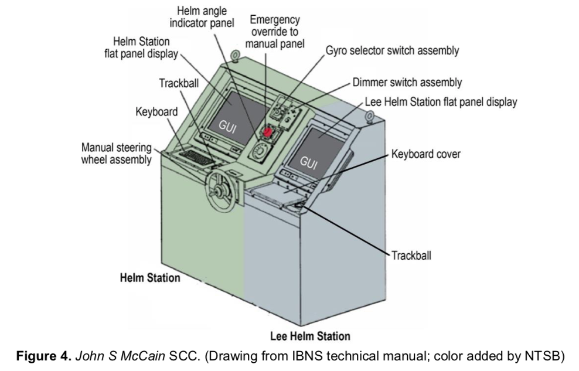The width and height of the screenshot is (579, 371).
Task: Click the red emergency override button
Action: point(267,132)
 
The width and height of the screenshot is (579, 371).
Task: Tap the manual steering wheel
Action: point(221,191)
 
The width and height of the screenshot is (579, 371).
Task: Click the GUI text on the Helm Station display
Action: point(227,126)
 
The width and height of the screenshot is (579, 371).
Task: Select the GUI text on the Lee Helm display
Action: point(308,162)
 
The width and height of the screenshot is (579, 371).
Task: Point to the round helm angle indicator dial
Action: point(259,151)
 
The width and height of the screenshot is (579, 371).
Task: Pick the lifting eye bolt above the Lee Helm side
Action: point(369,117)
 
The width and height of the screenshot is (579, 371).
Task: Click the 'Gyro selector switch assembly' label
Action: point(392,50)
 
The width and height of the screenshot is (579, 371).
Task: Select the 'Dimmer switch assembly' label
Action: point(407,82)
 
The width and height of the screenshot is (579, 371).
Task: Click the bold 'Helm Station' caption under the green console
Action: point(150,278)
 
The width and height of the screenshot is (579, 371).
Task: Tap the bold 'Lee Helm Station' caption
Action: point(310,336)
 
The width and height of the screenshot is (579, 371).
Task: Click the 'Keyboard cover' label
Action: point(426,154)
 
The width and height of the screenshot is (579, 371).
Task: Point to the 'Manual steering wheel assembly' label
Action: point(116,154)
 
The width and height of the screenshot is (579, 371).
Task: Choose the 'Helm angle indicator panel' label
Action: point(202,17)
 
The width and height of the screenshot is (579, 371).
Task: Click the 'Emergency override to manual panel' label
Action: point(275,32)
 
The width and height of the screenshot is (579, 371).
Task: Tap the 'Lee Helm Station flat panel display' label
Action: point(441,102)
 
